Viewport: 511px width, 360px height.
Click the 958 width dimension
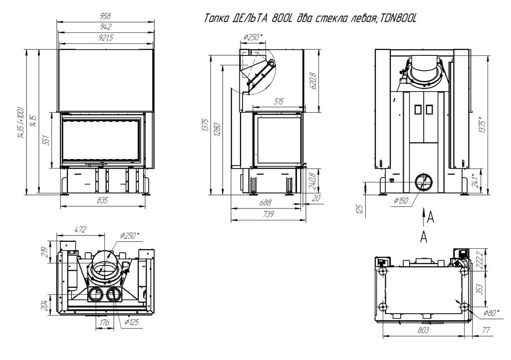(105, 16)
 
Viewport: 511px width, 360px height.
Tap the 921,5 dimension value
(106, 38)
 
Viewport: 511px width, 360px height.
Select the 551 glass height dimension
(46, 140)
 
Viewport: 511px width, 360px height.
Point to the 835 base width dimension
(102, 200)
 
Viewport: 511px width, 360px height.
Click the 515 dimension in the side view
(278, 102)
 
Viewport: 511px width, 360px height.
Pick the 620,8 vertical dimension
(313, 81)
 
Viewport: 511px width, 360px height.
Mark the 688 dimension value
(265, 203)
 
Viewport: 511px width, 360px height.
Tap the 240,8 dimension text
(312, 181)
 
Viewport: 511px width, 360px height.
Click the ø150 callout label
(401, 201)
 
